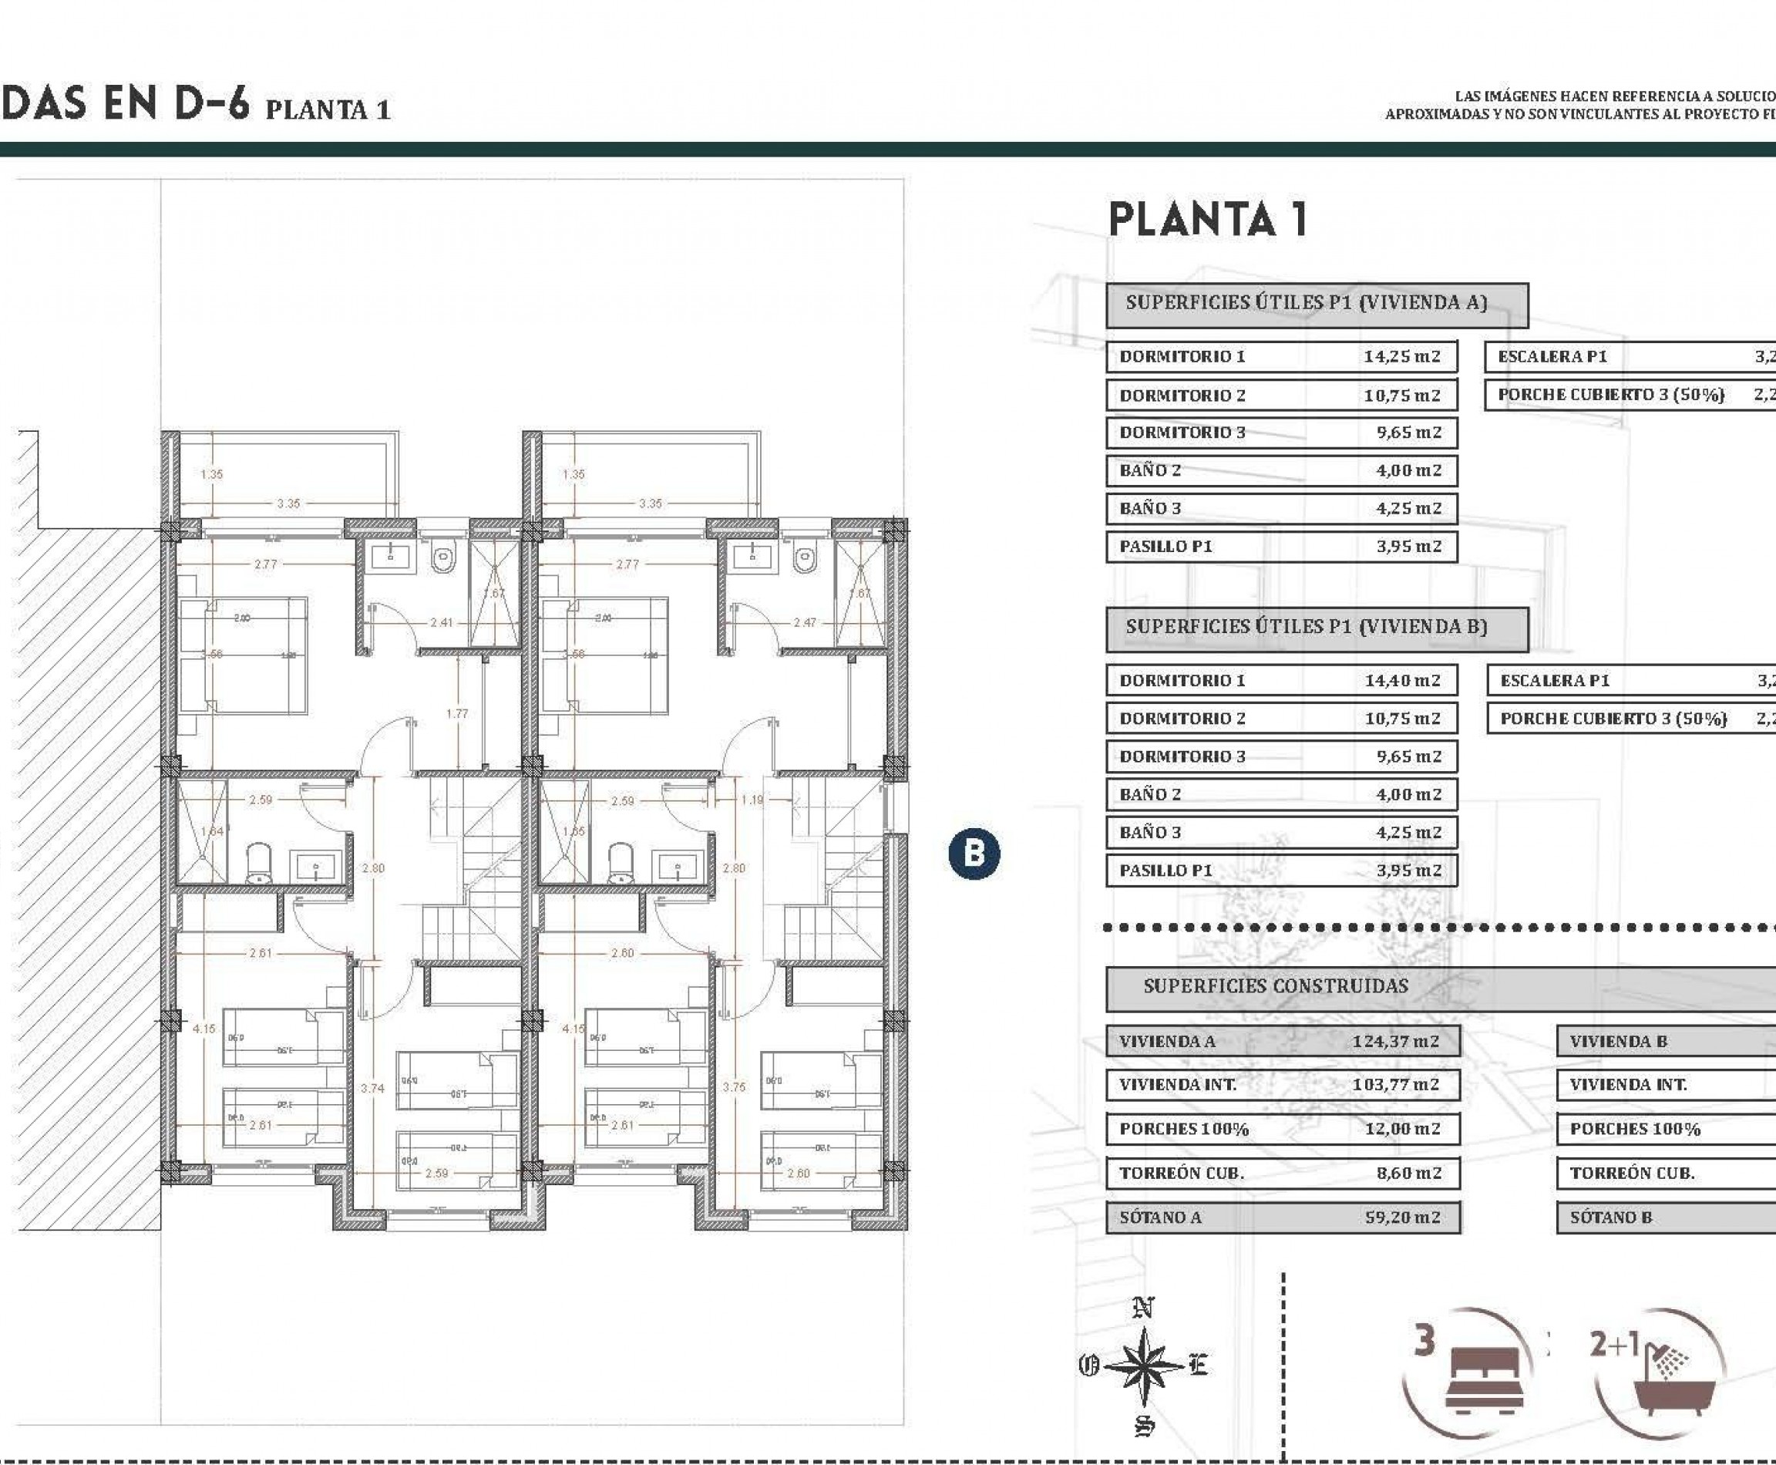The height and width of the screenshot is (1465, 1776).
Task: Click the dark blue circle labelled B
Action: [x=974, y=854]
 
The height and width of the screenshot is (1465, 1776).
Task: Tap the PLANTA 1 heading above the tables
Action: [x=1207, y=220]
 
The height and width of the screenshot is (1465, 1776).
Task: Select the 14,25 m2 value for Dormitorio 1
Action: [x=1401, y=356]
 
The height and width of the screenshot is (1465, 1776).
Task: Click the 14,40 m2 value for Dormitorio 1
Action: [x=1402, y=680]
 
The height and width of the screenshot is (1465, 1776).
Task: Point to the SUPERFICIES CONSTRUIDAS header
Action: [x=1276, y=985]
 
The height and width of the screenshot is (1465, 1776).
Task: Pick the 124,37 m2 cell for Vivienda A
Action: [x=1395, y=1042]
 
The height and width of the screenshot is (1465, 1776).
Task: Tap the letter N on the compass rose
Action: [x=1143, y=1310]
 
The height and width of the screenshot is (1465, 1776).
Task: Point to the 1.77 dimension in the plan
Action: [x=457, y=714]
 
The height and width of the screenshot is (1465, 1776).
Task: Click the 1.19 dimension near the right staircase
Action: [x=752, y=800]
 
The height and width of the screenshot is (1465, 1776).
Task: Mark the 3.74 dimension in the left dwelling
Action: [x=372, y=1089]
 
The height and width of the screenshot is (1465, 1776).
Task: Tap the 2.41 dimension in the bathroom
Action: [x=441, y=623]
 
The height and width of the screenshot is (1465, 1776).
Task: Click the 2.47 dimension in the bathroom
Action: [x=804, y=623]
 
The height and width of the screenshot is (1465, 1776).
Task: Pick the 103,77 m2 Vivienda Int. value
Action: [x=1395, y=1085]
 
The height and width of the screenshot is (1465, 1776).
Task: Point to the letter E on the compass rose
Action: [x=1198, y=1365]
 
